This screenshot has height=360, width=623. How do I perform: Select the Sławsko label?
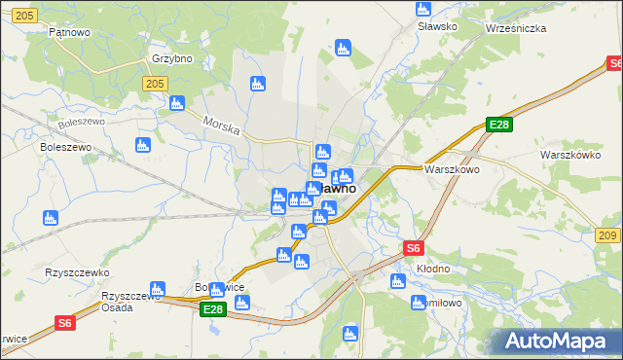(437, 26)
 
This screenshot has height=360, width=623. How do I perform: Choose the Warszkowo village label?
(452, 168)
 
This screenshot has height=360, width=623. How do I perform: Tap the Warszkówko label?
(570, 155)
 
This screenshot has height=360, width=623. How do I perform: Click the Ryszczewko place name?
(77, 272)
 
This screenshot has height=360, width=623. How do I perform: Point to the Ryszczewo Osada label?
(129, 301)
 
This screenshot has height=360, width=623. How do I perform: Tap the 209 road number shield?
(608, 236)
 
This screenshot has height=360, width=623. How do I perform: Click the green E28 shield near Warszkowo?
(499, 125)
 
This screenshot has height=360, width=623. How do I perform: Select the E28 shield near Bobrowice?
(213, 309)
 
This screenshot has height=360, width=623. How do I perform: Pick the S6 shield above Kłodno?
(414, 248)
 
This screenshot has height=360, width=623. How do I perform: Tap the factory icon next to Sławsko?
(422, 9)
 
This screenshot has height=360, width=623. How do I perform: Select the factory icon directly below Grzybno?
(177, 102)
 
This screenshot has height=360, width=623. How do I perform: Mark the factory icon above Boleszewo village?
(142, 145)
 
